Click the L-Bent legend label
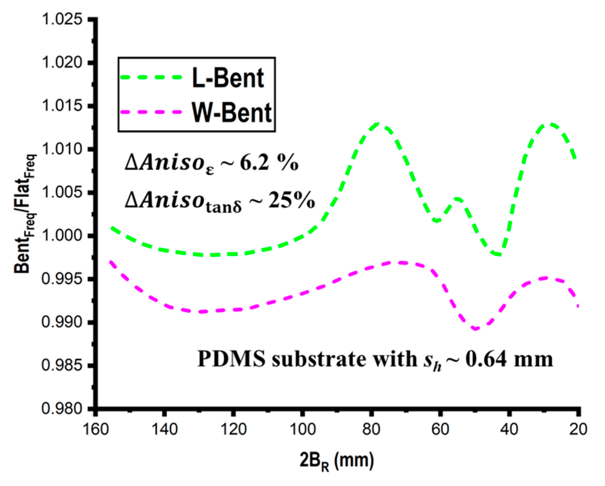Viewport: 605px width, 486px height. click(x=228, y=78)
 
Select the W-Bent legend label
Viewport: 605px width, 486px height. click(x=232, y=113)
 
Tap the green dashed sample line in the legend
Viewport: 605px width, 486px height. click(x=151, y=77)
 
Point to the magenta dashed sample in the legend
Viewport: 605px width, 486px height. click(x=151, y=112)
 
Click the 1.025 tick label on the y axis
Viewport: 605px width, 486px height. click(x=62, y=19)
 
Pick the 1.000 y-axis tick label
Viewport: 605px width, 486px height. click(x=62, y=236)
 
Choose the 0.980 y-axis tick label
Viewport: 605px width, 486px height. click(x=62, y=408)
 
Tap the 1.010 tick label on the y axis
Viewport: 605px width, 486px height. click(x=62, y=149)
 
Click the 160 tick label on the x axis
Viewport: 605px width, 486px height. click(x=96, y=429)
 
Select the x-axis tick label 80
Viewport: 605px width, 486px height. click(x=371, y=429)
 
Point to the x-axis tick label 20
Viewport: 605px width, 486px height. click(x=578, y=429)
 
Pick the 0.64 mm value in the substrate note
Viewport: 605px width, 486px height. click(x=509, y=359)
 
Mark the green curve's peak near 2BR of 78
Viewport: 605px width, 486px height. click(x=378, y=124)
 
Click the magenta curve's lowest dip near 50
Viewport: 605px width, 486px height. click(x=475, y=328)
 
